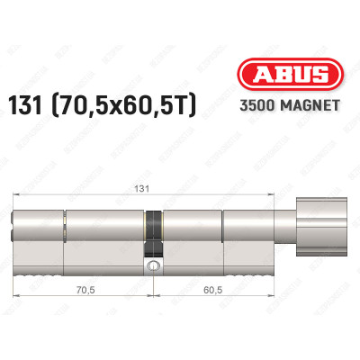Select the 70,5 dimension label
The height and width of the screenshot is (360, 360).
86,290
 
